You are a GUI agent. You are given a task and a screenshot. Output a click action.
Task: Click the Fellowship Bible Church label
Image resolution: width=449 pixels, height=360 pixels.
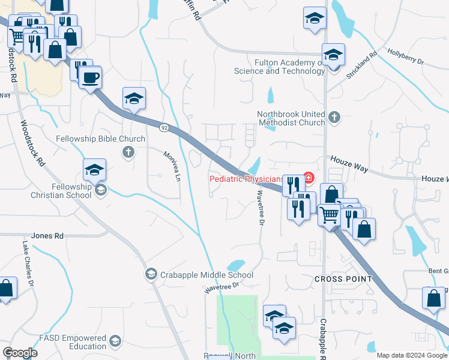100,139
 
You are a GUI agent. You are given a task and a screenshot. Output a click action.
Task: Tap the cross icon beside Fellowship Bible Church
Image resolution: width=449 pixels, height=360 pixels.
127,152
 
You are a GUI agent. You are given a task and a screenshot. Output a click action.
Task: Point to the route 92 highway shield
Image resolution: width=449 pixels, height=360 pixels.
163,127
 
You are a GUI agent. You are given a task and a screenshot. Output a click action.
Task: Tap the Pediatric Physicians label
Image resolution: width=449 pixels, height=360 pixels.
246,179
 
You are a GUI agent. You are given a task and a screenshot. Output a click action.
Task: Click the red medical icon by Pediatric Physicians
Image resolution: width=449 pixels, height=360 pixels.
309,178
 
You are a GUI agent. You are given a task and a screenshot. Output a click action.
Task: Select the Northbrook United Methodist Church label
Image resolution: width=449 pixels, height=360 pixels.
291,118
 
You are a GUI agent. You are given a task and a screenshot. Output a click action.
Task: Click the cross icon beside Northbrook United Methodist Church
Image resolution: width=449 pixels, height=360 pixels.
334,118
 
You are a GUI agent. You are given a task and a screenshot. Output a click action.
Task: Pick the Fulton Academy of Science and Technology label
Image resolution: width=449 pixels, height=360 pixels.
280,67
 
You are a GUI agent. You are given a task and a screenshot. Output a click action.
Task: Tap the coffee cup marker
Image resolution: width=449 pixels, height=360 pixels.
90,78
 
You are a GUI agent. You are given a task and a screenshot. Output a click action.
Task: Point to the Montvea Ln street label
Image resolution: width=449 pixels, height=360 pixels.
172,167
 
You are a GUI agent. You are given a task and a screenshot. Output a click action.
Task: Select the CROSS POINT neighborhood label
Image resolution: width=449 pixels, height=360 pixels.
343,280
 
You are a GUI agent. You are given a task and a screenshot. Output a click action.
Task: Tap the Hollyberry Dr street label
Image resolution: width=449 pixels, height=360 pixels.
406,58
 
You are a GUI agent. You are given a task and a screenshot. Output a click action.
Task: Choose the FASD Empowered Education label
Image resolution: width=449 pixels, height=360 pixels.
73,342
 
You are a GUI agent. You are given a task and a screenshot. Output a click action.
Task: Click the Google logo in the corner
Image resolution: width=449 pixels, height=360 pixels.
20,353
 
